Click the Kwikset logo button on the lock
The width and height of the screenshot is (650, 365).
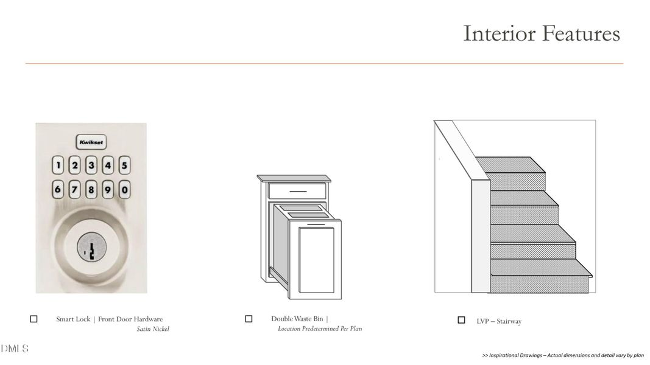91,142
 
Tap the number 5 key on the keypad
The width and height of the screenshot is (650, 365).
124,165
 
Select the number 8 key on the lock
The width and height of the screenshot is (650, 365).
91,190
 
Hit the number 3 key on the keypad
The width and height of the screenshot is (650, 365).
91,165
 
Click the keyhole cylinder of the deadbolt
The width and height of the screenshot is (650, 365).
91,248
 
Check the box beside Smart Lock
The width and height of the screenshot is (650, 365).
34,319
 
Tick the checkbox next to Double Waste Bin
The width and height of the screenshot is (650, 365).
249,319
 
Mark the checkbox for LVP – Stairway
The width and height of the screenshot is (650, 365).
461,320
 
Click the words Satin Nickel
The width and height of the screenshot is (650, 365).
153,329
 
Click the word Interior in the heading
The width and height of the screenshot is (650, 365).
500,33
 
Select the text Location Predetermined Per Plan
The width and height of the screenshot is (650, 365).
320,328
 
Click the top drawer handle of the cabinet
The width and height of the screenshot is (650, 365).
298,192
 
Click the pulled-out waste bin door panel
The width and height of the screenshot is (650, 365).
316,260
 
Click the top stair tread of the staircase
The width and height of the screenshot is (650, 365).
510,165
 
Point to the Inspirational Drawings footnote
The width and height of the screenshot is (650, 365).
563,355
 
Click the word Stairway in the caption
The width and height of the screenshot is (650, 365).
509,321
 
